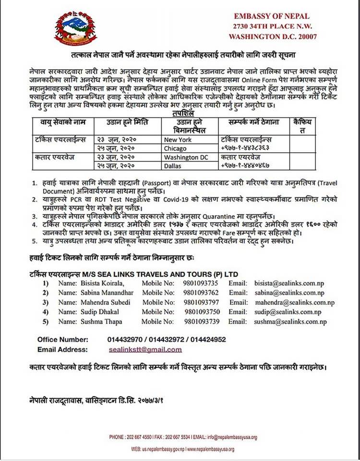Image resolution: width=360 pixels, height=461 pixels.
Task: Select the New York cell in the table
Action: point(178,140)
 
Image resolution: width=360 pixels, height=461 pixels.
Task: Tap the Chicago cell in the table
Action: point(175,148)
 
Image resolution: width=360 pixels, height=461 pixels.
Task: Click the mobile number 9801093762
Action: point(201,293)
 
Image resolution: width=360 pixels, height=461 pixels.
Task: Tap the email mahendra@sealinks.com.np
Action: point(295,303)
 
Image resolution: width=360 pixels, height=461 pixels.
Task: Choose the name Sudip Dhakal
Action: point(97,312)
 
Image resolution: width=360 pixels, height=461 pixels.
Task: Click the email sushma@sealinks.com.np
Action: point(290,322)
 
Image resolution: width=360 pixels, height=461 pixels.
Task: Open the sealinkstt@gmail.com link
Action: point(145,350)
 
